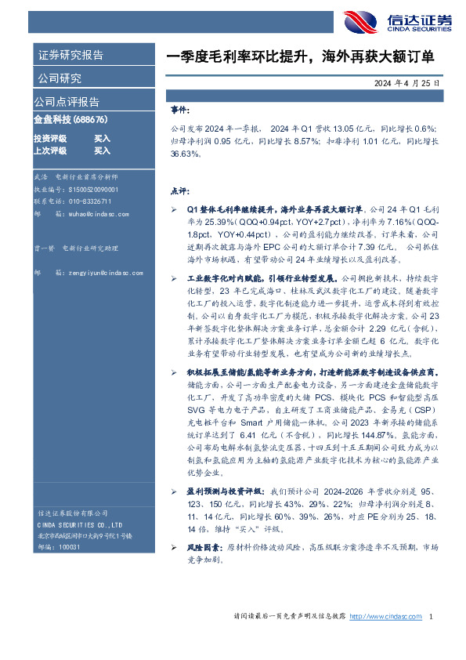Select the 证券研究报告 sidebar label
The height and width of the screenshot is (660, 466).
(70, 56)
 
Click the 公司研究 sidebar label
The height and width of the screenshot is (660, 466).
(60, 78)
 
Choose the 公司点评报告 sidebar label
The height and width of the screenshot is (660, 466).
(67, 102)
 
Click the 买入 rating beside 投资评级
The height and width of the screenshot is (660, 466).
(102, 138)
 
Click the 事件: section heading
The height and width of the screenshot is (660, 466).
(179, 111)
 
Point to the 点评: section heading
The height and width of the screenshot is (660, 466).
(179, 190)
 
